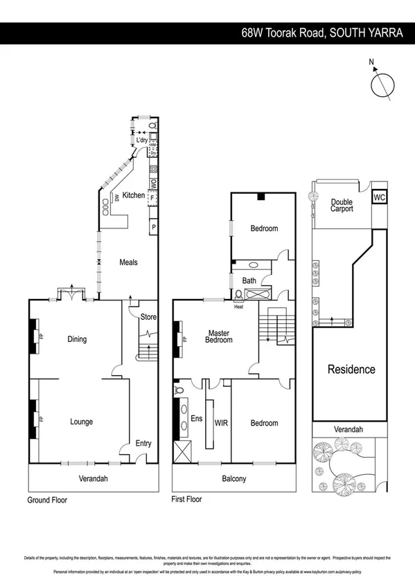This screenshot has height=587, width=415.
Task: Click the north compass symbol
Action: point(381,84)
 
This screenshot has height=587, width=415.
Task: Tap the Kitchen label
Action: point(134,195)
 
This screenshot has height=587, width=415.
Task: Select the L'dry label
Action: point(143,141)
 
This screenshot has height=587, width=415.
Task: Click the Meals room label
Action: point(128,262)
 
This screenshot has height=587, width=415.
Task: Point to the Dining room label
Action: point(77,339)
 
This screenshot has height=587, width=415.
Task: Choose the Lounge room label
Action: point(81,422)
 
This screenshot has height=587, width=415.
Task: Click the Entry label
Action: point(143,444)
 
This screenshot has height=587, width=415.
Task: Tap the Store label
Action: point(148,318)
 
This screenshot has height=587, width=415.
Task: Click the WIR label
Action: point(221,422)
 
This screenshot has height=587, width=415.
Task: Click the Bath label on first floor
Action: point(248,280)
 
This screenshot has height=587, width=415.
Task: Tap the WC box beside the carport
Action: point(378,197)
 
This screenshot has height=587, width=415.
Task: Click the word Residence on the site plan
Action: point(351,370)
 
